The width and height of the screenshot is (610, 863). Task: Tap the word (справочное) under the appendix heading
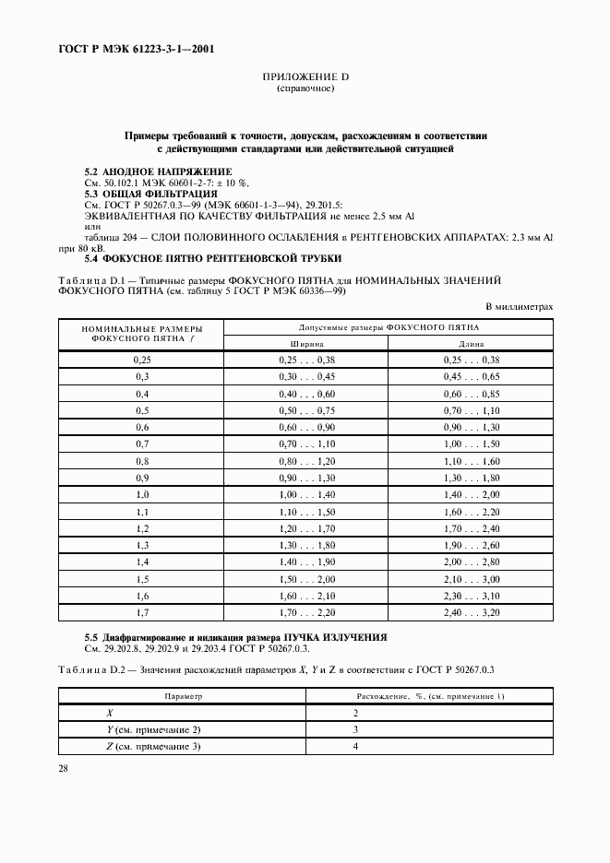tap(305, 90)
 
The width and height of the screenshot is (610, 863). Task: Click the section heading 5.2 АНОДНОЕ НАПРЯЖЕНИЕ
tap(158, 172)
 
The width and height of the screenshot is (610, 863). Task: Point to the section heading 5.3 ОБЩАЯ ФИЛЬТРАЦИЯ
tap(151, 194)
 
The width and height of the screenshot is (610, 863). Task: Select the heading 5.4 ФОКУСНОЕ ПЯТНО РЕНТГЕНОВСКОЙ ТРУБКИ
tap(212, 257)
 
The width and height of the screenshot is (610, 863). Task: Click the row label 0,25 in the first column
tap(142, 359)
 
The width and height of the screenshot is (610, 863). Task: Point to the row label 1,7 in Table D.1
tap(142, 612)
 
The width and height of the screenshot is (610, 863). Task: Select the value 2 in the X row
tap(356, 714)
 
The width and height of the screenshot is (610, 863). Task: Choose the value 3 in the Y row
tap(356, 730)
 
